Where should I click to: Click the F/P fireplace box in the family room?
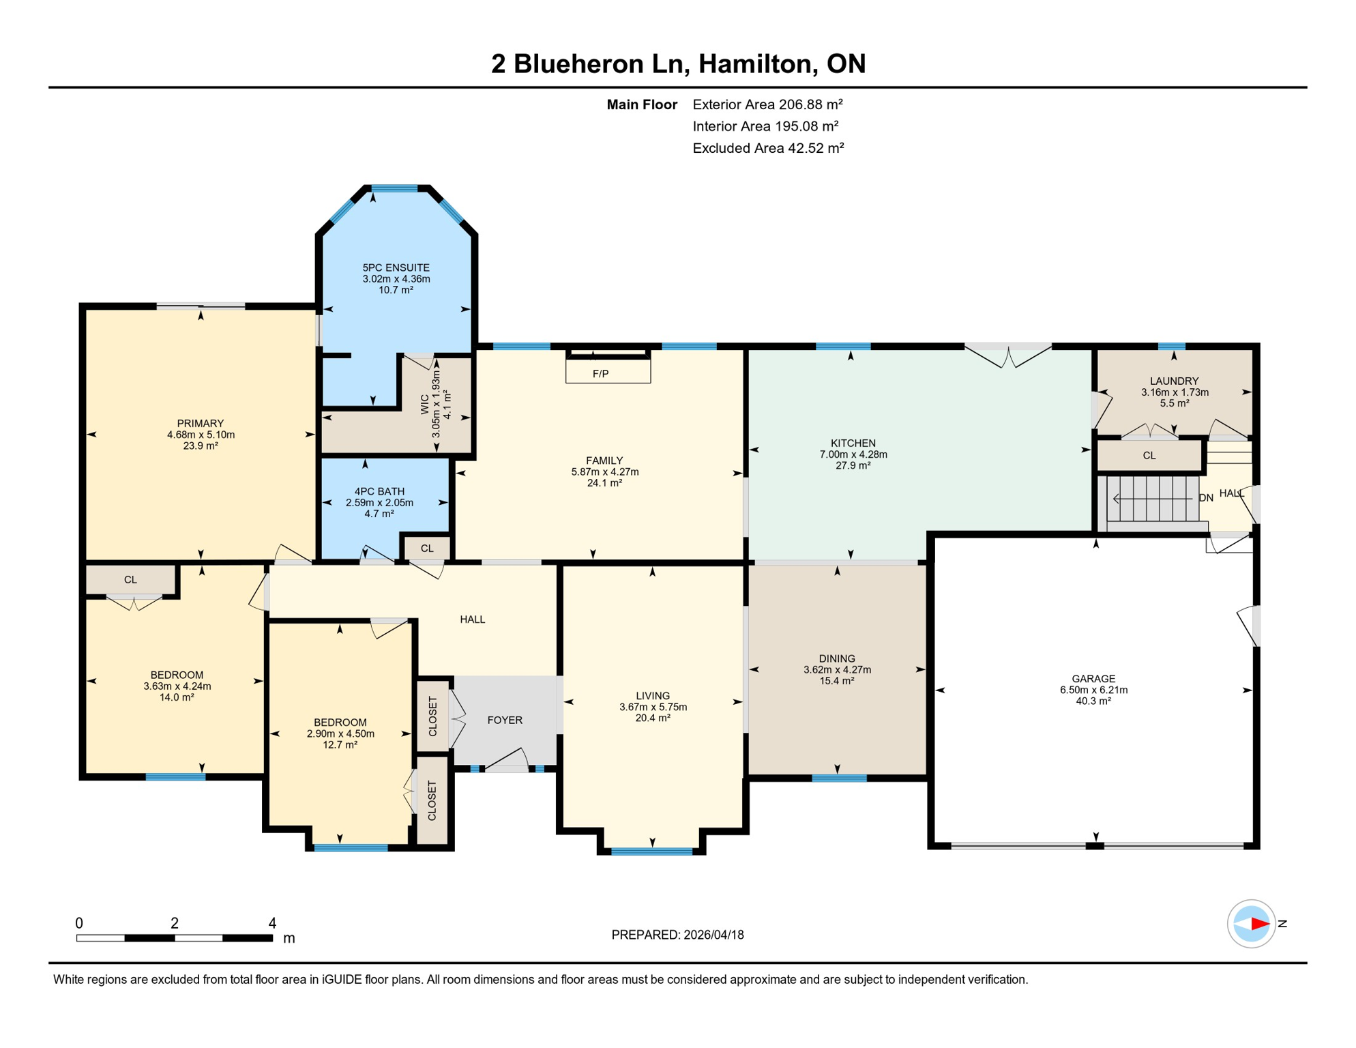607,373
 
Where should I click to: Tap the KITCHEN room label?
853,443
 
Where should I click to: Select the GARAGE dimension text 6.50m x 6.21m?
1093,690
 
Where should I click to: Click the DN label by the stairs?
1205,498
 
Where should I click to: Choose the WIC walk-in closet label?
425,404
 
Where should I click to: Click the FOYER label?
505,720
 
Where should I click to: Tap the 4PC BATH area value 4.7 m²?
379,514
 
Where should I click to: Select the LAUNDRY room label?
1174,381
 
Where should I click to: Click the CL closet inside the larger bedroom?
130,580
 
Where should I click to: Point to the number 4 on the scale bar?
272,923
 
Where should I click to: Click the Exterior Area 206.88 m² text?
767,104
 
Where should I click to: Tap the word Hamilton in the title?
757,63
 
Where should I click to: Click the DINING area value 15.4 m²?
837,681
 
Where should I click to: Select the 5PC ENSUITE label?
396,267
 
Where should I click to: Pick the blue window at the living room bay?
651,851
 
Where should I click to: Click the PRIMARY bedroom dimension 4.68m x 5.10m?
201,435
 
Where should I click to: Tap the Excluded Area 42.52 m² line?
768,148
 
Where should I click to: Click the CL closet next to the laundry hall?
1149,455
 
